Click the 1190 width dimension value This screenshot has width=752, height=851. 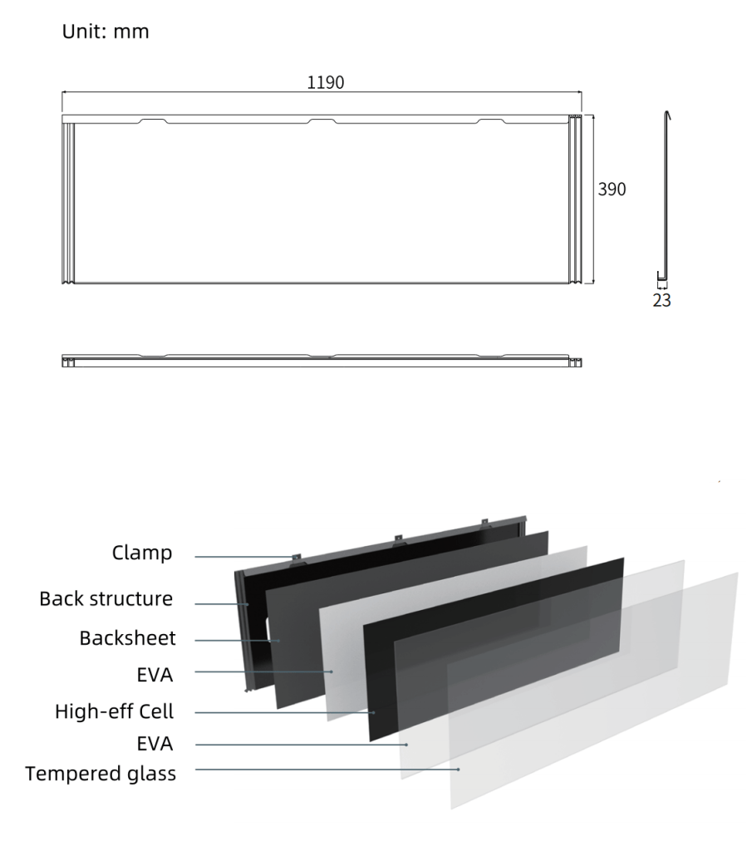(326, 82)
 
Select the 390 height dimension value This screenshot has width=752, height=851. (612, 189)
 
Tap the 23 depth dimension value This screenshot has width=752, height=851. (661, 300)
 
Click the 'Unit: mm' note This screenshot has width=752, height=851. (106, 32)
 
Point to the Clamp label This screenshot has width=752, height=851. (142, 553)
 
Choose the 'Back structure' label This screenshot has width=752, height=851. (106, 598)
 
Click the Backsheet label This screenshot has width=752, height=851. (127, 638)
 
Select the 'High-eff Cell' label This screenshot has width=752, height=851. (114, 711)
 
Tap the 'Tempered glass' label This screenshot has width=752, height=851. (101, 774)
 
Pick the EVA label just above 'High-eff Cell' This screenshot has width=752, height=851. (155, 675)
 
